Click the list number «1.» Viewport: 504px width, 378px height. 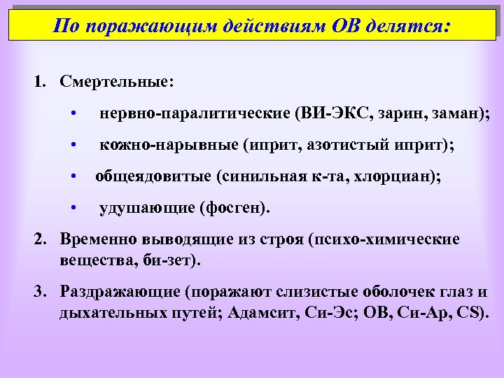[x=43, y=82]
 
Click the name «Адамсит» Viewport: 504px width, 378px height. [x=264, y=313]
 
